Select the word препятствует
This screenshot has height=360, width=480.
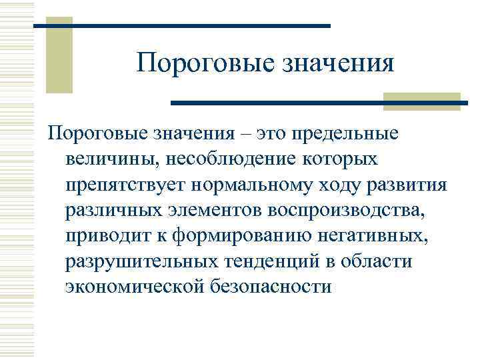tap(127, 185)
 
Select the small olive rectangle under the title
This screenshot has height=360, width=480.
tap(422, 101)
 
